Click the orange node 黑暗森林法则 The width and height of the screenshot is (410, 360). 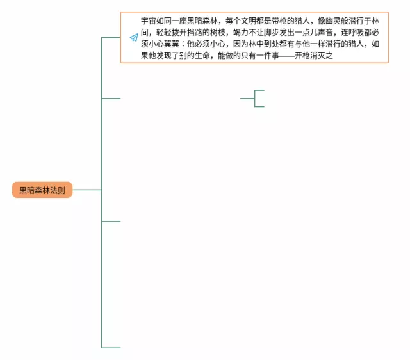[42, 190]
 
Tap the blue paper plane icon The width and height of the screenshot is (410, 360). [134, 38]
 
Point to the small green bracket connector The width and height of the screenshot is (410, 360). [256, 99]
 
